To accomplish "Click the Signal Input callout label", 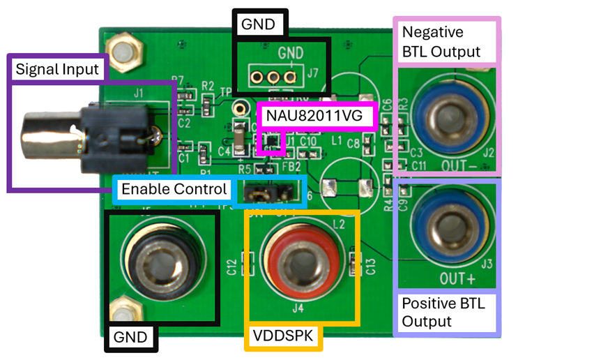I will (x=59, y=69).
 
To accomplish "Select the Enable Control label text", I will (x=174, y=189).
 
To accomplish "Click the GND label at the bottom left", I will (x=130, y=338).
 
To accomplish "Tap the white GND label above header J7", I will (x=258, y=24).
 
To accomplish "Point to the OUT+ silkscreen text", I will (x=457, y=279).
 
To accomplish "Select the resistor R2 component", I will (x=208, y=103).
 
